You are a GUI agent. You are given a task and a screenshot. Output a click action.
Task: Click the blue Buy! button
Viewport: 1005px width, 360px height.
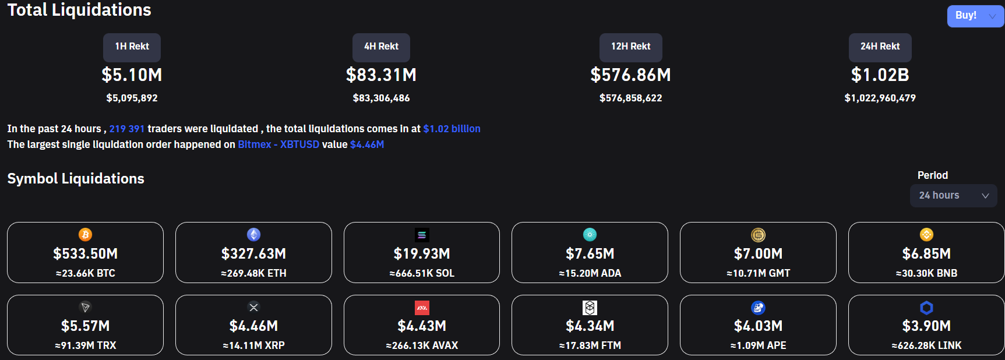(x=975, y=16)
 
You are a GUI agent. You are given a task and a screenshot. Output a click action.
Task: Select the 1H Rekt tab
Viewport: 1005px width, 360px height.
(x=132, y=47)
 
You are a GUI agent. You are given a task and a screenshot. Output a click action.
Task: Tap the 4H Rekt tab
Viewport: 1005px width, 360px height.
(x=381, y=47)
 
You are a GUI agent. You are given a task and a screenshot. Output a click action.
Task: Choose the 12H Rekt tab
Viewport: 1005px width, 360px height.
(x=631, y=47)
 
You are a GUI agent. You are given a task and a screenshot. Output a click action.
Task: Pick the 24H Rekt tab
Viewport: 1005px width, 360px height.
(x=880, y=47)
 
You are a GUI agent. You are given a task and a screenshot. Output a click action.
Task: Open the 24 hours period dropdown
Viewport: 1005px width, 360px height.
(x=954, y=196)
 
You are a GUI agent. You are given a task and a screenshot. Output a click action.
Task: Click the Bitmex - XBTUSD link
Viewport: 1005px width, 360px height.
(x=278, y=144)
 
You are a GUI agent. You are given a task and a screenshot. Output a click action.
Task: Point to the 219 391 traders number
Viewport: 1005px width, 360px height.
(x=127, y=129)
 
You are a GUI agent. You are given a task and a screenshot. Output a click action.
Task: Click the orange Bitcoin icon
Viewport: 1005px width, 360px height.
(x=85, y=234)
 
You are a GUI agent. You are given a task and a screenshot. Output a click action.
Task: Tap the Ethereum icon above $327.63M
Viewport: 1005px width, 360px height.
(x=253, y=234)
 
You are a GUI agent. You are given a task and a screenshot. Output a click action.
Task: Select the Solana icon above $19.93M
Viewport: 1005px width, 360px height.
(x=422, y=235)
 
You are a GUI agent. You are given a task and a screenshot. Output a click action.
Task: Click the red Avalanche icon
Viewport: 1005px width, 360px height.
(x=422, y=308)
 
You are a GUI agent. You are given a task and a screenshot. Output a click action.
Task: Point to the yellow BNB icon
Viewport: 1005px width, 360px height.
(x=926, y=234)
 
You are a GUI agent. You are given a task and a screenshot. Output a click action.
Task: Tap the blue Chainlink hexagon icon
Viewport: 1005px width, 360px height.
(x=926, y=308)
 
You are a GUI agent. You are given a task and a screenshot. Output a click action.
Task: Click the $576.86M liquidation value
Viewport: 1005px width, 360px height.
(x=631, y=75)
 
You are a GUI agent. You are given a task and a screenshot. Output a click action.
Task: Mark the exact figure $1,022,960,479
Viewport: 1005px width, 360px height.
(x=880, y=98)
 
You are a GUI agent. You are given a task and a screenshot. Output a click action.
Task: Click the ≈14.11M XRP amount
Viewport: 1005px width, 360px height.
(x=253, y=345)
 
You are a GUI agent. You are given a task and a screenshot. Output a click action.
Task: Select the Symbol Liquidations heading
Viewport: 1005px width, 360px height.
(x=76, y=179)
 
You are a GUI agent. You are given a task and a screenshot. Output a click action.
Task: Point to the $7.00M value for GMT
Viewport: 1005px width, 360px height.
(x=758, y=254)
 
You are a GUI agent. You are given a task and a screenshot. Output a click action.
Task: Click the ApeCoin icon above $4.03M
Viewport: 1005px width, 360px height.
(x=758, y=308)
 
